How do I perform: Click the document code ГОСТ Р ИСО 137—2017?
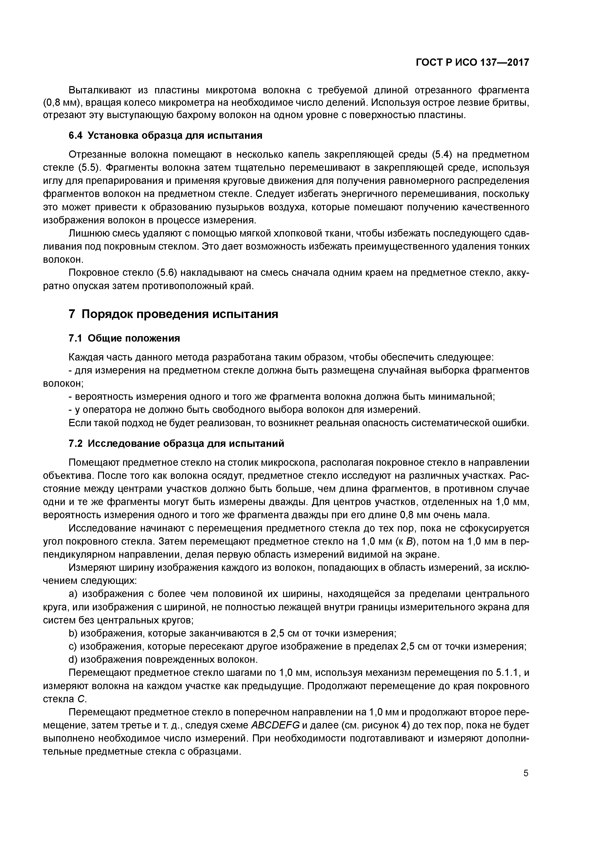(472, 63)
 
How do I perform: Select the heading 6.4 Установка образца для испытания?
(166, 136)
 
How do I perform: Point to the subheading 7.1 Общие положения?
(124, 338)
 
